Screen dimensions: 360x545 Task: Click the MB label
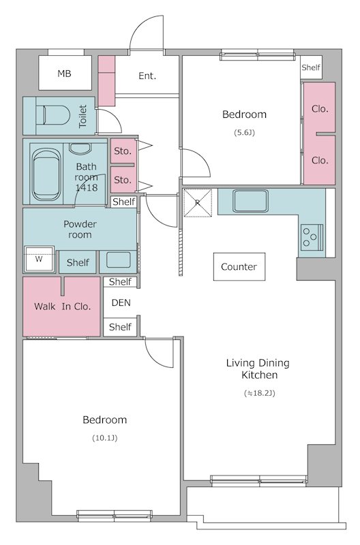(64, 74)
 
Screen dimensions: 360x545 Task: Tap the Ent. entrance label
(147, 76)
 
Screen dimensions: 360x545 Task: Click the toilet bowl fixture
(55, 115)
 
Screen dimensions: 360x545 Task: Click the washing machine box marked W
(39, 259)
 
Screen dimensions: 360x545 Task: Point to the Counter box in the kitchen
(239, 266)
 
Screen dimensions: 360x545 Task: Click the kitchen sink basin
(250, 201)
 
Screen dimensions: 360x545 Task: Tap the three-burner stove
(312, 237)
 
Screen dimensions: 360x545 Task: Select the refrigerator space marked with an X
(198, 203)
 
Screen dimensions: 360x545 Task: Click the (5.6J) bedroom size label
(244, 132)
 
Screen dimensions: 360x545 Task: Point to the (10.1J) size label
(105, 438)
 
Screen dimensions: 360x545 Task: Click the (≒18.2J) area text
(260, 393)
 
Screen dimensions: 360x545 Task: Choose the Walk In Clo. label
(62, 307)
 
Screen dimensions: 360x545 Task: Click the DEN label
(121, 302)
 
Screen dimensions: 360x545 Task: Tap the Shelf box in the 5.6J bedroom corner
(311, 67)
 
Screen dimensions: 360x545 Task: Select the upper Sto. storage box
(123, 151)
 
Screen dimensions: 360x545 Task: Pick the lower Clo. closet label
(320, 160)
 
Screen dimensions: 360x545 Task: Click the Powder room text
(80, 230)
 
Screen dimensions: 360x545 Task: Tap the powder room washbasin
(119, 260)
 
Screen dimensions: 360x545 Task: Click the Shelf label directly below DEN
(120, 327)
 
